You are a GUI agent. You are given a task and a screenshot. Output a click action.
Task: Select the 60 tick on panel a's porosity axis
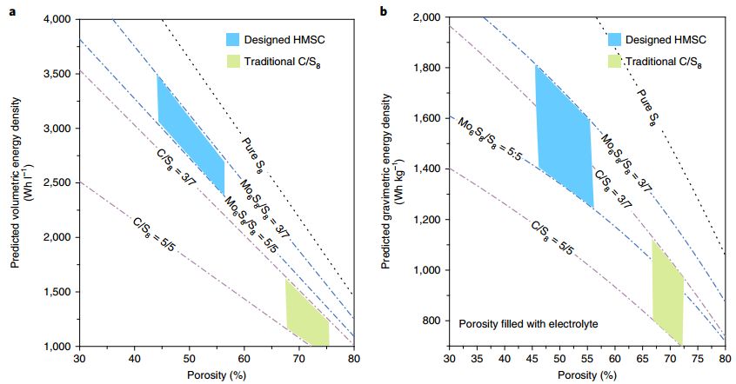pyautogui.click(x=244, y=358)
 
